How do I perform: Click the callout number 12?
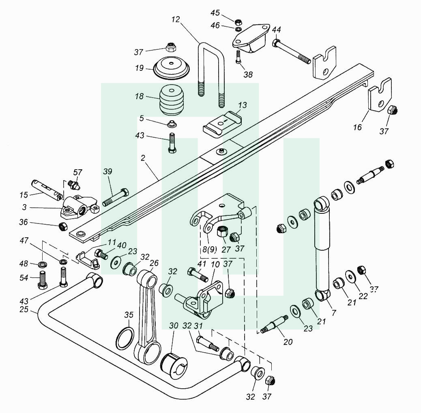(x=176, y=19)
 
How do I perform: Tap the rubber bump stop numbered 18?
(x=172, y=100)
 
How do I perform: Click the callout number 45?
(x=215, y=13)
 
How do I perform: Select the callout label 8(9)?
(x=209, y=249)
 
